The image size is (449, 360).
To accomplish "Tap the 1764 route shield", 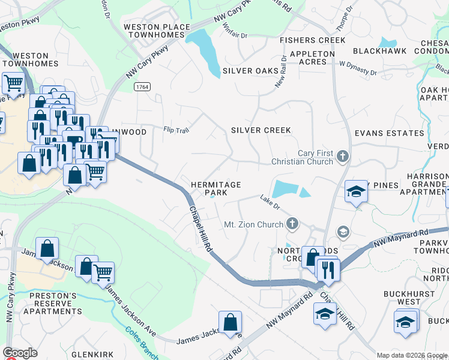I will coord(142,87).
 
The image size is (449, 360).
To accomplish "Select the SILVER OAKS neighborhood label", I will coord(250,71).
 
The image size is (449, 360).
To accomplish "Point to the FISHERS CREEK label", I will coord(313,40).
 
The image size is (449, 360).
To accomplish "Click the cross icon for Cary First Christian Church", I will coord(343,157).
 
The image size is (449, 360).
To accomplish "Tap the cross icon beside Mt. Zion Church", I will coord(292,224).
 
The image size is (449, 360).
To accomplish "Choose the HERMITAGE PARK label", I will coord(215,189).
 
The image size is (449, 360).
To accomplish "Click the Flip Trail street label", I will coord(176,130).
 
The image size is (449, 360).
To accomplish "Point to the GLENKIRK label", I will coord(92,355).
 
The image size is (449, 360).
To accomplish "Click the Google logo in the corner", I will coord(20,353).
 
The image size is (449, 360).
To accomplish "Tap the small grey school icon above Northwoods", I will coord(343,232).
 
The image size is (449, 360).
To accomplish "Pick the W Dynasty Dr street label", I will coord(358,68).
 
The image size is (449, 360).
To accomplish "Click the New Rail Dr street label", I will coord(281,71).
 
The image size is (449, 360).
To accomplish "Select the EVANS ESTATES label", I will coord(389,133).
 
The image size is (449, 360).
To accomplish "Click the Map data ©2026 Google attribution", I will coord(412,355).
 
